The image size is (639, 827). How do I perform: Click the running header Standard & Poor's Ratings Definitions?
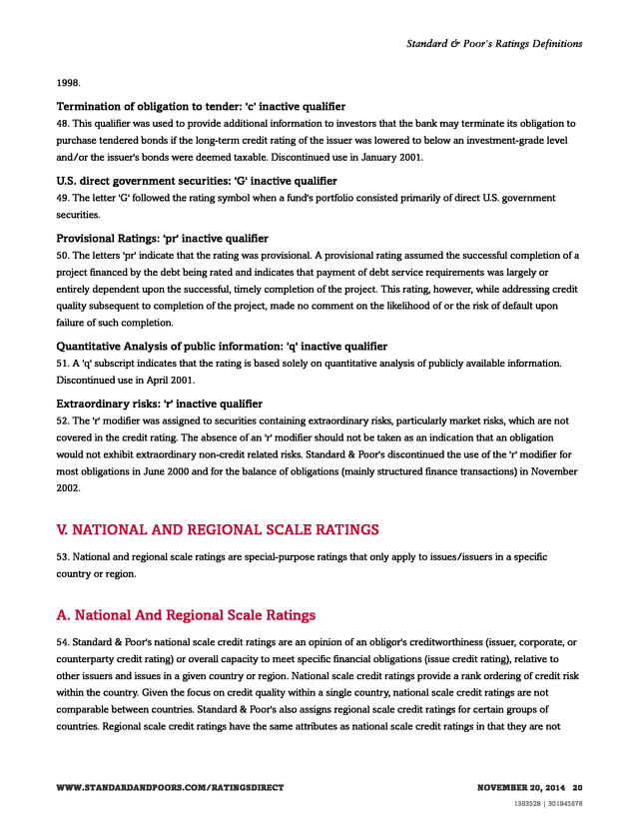click(494, 44)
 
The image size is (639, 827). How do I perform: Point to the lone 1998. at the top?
click(68, 83)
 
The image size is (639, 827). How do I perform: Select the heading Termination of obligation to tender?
click(201, 107)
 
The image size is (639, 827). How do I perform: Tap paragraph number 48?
click(62, 124)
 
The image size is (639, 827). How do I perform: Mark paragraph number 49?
click(62, 198)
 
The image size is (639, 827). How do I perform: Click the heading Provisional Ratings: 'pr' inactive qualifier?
click(162, 239)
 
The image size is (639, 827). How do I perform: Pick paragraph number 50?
click(62, 256)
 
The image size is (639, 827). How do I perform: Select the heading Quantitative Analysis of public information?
click(222, 347)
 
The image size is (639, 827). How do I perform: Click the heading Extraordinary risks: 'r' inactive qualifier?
click(159, 404)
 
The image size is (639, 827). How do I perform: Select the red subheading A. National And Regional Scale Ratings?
click(186, 615)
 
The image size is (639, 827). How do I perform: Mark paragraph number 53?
click(62, 555)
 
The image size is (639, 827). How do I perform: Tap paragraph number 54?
click(62, 641)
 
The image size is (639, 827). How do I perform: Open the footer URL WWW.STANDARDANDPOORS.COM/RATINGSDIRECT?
click(170, 788)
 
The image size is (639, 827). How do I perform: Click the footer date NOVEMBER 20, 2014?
click(521, 788)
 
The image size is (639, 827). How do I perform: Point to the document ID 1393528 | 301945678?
click(548, 803)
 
